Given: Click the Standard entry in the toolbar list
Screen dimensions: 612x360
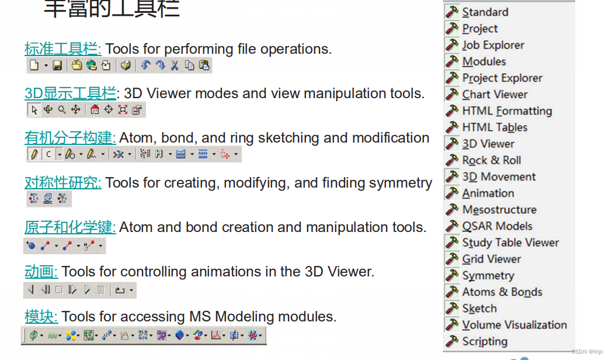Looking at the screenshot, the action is [485, 12].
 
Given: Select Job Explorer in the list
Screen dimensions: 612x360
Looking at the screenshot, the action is [493, 45].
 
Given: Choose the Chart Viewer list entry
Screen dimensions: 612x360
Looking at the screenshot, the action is [495, 95].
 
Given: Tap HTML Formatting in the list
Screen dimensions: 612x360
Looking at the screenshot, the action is [506, 111].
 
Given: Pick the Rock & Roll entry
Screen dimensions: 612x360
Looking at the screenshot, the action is [491, 160].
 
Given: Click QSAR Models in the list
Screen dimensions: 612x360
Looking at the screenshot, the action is [497, 226].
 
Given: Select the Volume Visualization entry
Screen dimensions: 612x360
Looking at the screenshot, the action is [514, 325].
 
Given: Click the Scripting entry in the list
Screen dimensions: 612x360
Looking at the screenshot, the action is [484, 341].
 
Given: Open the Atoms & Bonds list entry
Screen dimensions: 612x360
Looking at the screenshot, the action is [502, 292].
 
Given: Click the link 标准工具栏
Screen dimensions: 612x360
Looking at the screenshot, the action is [62, 49].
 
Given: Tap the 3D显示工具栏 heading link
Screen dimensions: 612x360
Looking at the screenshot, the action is [70, 94].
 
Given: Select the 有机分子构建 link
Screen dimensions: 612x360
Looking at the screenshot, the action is [70, 138].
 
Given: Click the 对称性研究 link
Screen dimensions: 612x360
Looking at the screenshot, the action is [62, 183].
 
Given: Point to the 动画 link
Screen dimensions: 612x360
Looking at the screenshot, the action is [41, 272].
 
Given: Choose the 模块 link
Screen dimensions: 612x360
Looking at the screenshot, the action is [41, 317].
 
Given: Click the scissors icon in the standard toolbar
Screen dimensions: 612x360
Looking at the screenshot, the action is [174, 65].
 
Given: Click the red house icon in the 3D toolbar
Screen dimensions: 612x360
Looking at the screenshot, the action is [95, 110].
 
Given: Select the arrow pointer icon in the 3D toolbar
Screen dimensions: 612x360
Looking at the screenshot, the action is [34, 110].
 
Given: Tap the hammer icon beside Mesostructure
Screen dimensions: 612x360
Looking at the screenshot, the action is [452, 209].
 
